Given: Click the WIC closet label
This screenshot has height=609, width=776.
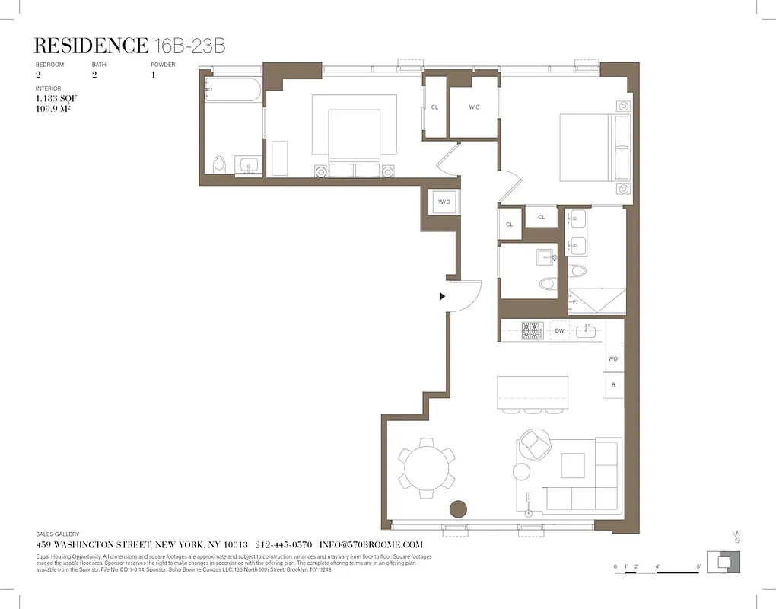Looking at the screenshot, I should point(474,107).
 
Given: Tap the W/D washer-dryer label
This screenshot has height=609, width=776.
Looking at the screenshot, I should point(443,202).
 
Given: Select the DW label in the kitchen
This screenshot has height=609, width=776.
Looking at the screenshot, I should point(559,331).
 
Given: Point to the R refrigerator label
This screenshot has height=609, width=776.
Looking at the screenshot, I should point(613,385).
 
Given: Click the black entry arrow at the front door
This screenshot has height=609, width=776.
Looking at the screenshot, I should point(442,297).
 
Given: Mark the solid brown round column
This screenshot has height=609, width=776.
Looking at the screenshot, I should point(458,509).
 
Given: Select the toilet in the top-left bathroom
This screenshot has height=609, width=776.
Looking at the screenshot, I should point(220,164).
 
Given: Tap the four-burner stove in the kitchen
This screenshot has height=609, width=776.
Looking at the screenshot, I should point(532,330).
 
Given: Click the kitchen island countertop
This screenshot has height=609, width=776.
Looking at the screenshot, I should point(533,392).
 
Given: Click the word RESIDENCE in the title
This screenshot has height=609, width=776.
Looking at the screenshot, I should point(92,46).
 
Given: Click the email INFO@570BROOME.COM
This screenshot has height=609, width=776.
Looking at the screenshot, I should point(371,545).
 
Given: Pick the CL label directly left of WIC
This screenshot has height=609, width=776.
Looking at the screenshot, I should point(434,107).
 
